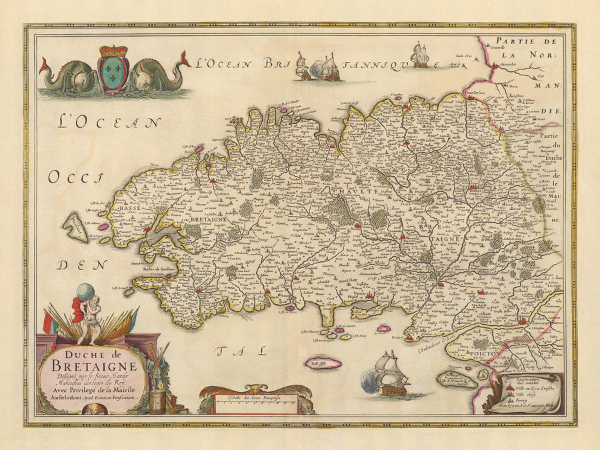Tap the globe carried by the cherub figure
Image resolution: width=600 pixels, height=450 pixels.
[85, 293]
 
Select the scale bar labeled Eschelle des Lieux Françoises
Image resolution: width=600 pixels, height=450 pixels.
[256, 400]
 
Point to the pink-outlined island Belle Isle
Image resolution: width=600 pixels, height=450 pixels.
[323, 363]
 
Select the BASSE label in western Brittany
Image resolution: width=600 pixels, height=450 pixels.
[127, 209]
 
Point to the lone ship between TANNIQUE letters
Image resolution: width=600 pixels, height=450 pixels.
[419, 56]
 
